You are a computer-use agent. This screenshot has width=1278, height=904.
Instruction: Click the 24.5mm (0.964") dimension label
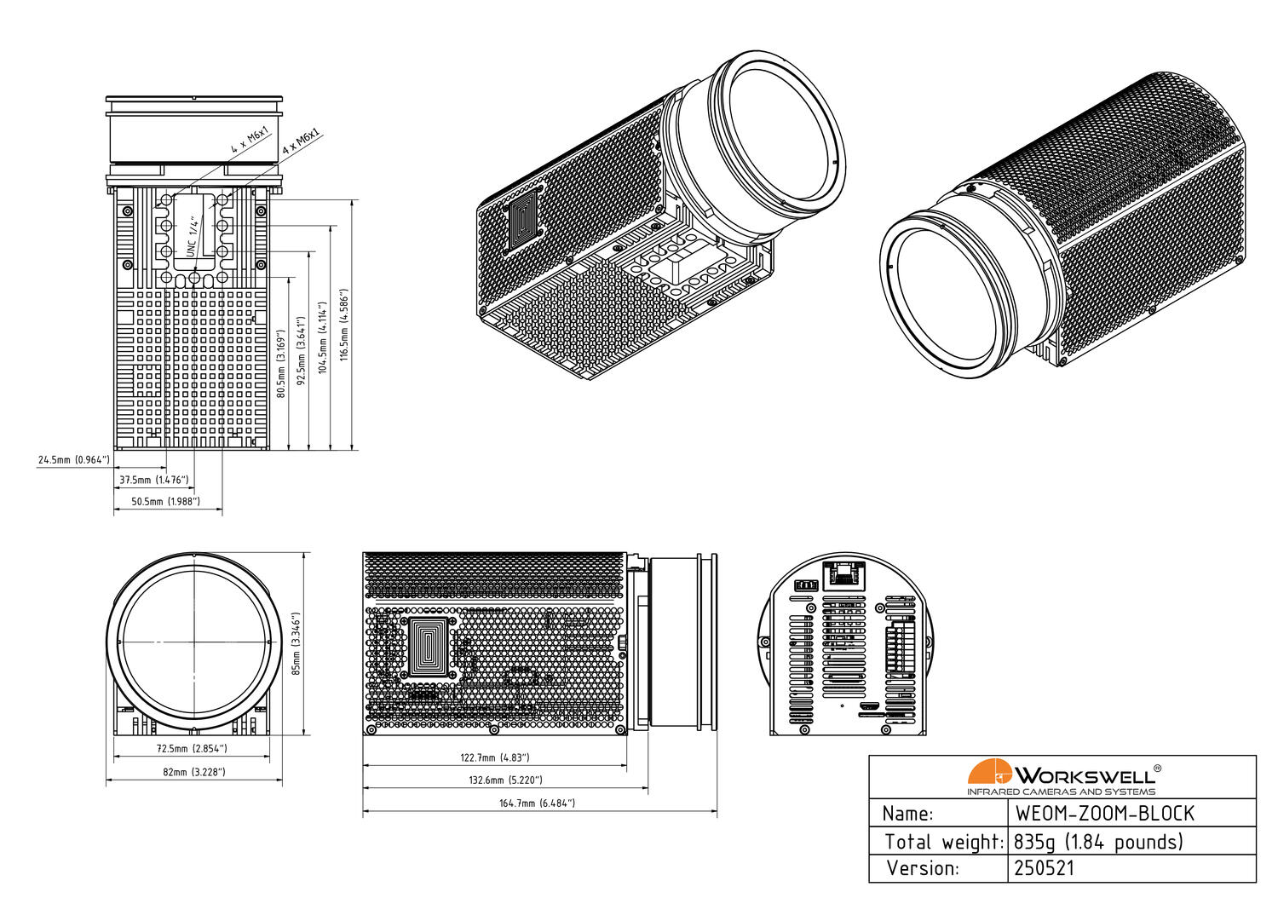[74, 460]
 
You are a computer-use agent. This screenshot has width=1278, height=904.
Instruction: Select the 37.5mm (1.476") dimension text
[154, 481]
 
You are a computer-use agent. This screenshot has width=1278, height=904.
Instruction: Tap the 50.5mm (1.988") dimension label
[165, 502]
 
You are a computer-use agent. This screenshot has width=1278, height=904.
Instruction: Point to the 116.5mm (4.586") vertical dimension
[344, 325]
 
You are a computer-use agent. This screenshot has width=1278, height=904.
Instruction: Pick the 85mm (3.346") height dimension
[296, 643]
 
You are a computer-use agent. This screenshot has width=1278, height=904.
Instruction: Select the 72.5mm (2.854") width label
[192, 749]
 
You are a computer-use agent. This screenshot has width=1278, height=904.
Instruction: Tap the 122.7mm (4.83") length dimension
[495, 757]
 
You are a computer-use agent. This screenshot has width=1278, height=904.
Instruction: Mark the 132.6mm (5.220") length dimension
[505, 780]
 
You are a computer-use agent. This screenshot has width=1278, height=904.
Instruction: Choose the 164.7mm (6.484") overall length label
[537, 803]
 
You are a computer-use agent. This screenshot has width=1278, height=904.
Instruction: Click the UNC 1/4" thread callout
[193, 237]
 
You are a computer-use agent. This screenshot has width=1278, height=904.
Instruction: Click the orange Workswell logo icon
[989, 772]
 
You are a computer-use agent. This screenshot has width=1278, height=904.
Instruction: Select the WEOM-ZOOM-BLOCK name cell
[1104, 814]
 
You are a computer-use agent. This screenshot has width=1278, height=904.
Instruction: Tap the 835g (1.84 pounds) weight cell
[1099, 842]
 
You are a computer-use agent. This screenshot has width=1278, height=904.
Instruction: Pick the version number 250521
[1045, 868]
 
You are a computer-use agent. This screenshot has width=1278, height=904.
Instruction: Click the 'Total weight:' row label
[944, 842]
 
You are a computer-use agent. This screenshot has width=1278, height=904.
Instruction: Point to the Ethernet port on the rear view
[843, 573]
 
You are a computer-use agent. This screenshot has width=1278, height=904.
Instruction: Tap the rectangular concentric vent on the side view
[430, 648]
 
